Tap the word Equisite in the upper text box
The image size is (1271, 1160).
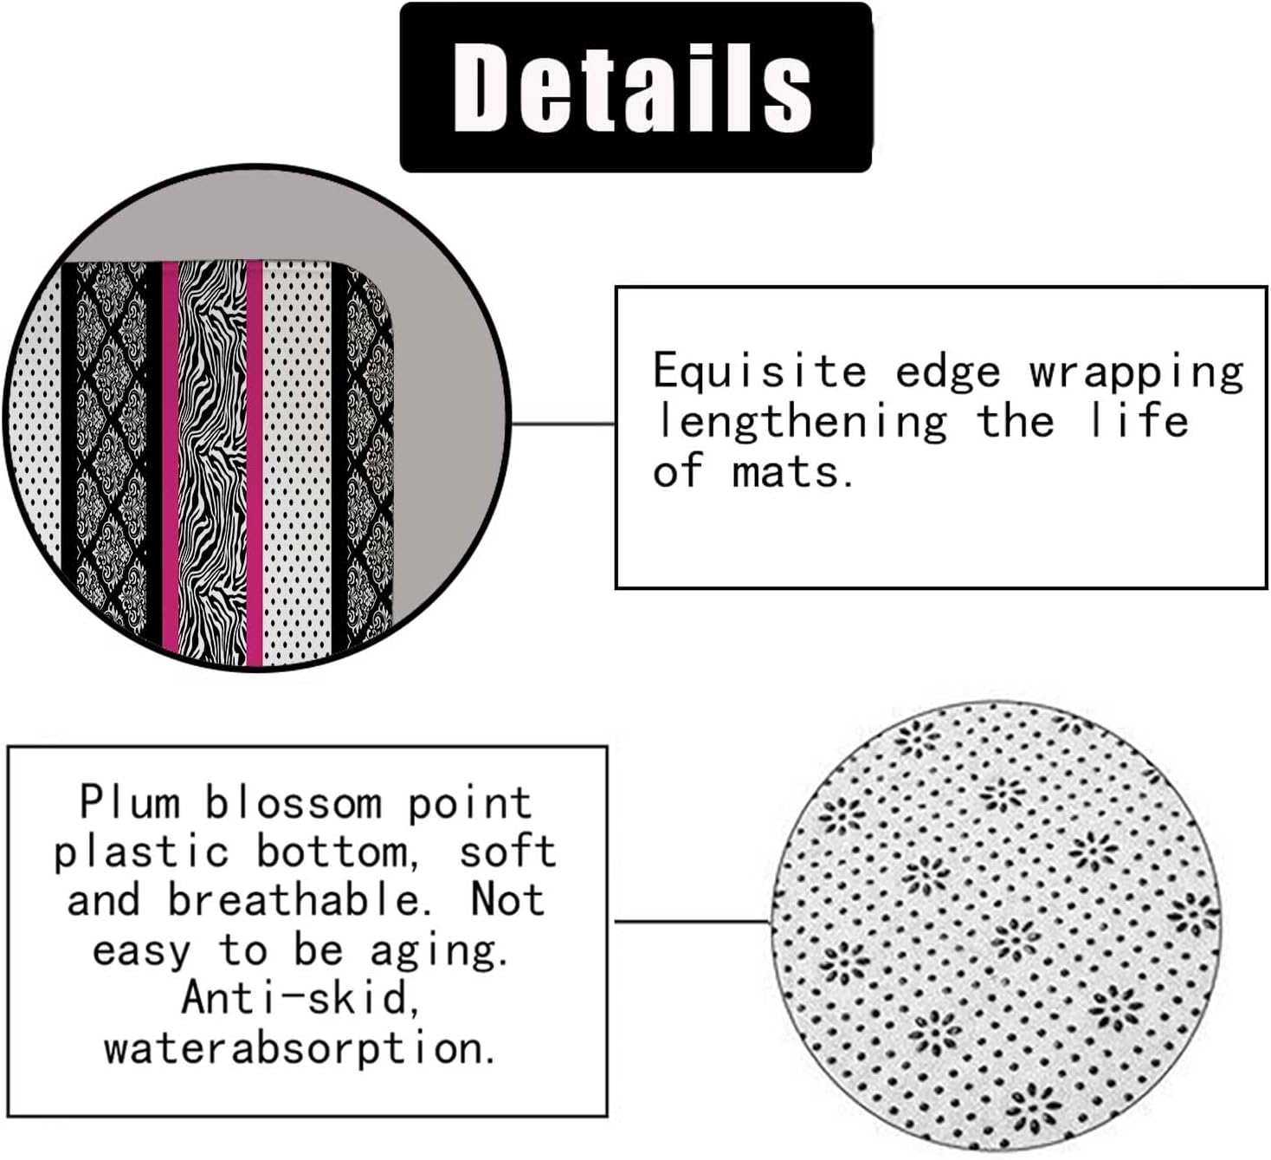pyautogui.click(x=759, y=371)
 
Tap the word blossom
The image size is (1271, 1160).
pyautogui.click(x=293, y=804)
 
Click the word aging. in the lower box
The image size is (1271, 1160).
pyautogui.click(x=438, y=951)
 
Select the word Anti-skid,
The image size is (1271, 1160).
pyautogui.click(x=301, y=998)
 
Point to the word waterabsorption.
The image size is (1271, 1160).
pyautogui.click(x=300, y=1049)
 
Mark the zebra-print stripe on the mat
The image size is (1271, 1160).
pyautogui.click(x=212, y=459)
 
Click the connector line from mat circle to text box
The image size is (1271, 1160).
pyautogui.click(x=563, y=424)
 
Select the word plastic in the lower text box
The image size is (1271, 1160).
pyautogui.click(x=140, y=852)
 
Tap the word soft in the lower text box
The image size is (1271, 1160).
pyautogui.click(x=506, y=851)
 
